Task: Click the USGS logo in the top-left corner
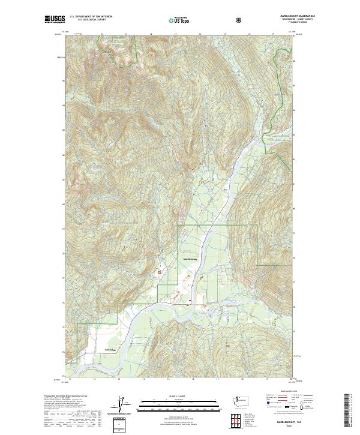(55, 20)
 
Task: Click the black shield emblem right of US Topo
(239, 20)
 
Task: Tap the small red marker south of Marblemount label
(190, 302)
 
